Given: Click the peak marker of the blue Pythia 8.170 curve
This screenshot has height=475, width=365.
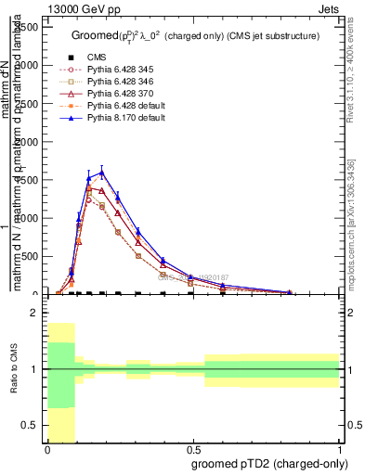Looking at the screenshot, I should (x=102, y=172).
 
